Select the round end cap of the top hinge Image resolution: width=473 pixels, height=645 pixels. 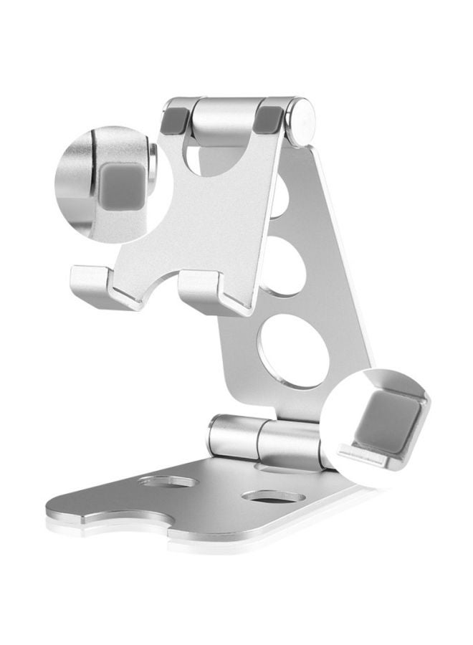(x=300, y=123)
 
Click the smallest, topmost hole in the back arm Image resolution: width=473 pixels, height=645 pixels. (x=279, y=197)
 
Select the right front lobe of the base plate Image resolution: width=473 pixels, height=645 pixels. (x=236, y=530)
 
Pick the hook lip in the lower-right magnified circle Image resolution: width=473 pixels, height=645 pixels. (x=365, y=455)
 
